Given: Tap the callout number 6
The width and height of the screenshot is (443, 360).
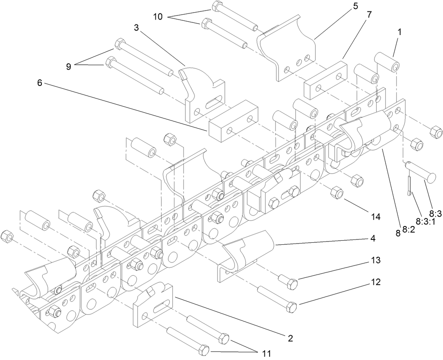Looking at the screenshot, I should (x=39, y=83).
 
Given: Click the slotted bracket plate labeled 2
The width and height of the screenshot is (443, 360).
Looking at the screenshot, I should (x=153, y=304).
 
